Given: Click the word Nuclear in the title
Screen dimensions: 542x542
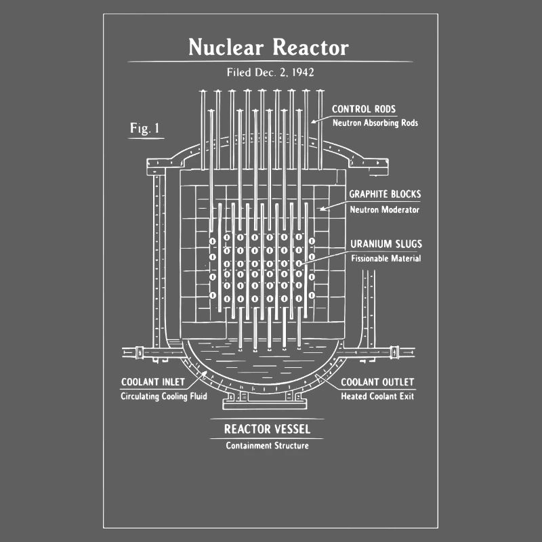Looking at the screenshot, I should click(227, 47).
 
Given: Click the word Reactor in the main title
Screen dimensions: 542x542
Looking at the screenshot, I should click(310, 47).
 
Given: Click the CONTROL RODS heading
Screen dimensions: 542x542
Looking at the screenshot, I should click(363, 109).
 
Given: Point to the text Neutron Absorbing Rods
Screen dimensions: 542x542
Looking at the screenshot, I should click(375, 123).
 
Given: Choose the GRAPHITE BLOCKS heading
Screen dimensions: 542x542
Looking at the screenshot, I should click(384, 194).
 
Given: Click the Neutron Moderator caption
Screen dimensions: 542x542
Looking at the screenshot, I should click(384, 209).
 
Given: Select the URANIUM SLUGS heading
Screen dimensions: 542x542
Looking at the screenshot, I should click(385, 244).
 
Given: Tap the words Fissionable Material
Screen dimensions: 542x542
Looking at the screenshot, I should click(385, 258).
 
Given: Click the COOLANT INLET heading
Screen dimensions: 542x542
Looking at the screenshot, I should click(152, 382).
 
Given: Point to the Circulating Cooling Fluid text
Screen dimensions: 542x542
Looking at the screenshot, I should click(163, 396).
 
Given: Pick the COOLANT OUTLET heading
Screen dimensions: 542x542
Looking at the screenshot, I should click(377, 382).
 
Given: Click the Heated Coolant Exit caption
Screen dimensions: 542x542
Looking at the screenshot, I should click(377, 396).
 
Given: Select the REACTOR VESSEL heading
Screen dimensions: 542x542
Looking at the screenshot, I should click(267, 429).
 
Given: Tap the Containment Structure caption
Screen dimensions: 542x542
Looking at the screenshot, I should click(267, 445).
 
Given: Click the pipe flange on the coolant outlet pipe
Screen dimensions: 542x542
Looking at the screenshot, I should click(394, 352).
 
